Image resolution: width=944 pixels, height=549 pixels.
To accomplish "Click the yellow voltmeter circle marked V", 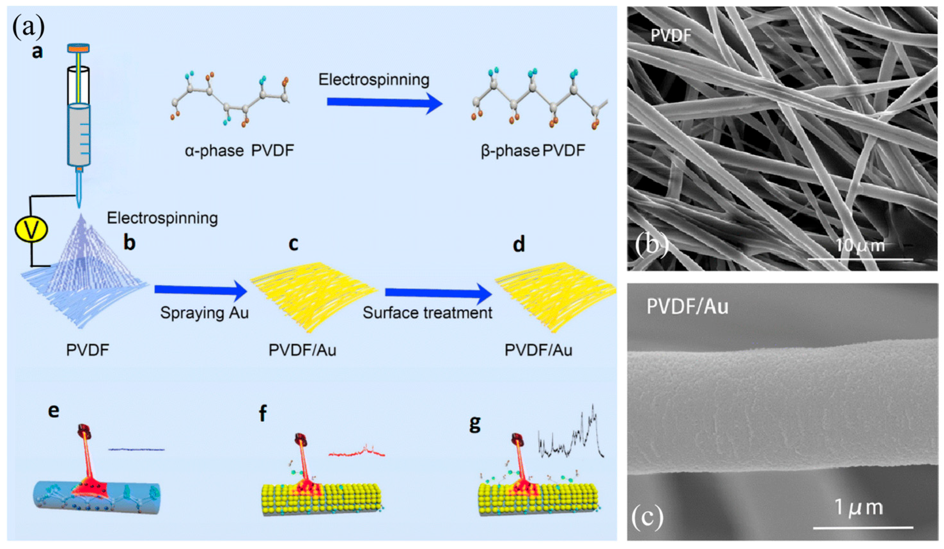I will (31, 230).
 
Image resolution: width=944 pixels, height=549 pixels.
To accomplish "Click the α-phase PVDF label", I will (239, 151).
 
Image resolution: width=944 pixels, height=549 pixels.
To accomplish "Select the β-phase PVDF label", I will (533, 151).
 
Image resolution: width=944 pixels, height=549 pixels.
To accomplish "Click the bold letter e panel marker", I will (54, 411).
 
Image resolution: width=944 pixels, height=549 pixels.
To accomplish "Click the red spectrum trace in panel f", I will (357, 453).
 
